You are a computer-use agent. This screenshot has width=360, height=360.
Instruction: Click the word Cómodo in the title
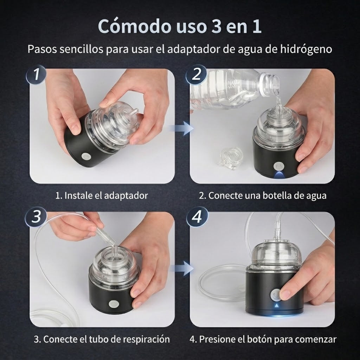(x=135, y=26)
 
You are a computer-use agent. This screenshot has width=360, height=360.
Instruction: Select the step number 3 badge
(x=36, y=217)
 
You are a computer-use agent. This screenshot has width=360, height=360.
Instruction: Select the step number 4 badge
(x=197, y=217)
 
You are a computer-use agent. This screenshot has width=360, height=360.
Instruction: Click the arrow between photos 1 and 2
(x=182, y=128)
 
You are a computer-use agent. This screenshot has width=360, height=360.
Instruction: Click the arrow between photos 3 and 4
(x=182, y=268)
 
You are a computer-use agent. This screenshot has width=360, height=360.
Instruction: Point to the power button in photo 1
(x=86, y=156)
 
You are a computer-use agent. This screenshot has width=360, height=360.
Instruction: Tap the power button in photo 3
(x=112, y=304)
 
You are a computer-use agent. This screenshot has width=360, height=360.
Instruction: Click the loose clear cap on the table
(x=230, y=158)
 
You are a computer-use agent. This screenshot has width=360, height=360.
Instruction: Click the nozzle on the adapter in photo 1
(x=134, y=113)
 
